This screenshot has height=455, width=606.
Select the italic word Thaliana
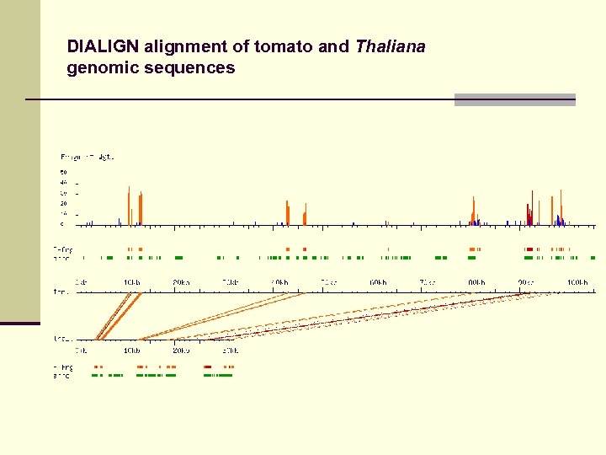click(x=390, y=46)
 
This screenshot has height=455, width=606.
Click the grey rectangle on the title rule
click(x=514, y=99)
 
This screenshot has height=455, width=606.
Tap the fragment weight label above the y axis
click(x=87, y=157)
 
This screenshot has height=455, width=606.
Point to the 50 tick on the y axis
click(x=62, y=173)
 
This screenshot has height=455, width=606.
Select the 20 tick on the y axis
click(x=62, y=204)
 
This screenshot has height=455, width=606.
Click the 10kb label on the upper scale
click(x=131, y=282)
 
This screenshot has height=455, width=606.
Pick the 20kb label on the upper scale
click(x=181, y=282)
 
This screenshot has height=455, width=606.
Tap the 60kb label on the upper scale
click(x=378, y=282)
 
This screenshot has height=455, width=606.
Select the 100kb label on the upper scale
click(x=577, y=282)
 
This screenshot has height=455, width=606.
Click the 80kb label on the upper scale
click(x=476, y=282)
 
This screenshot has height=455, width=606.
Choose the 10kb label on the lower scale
click(x=131, y=350)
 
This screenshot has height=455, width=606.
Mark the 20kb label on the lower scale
click(x=181, y=350)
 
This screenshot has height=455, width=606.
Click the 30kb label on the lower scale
click(x=230, y=350)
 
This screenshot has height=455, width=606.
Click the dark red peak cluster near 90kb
click(x=529, y=212)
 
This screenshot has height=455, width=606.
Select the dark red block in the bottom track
click(x=208, y=367)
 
